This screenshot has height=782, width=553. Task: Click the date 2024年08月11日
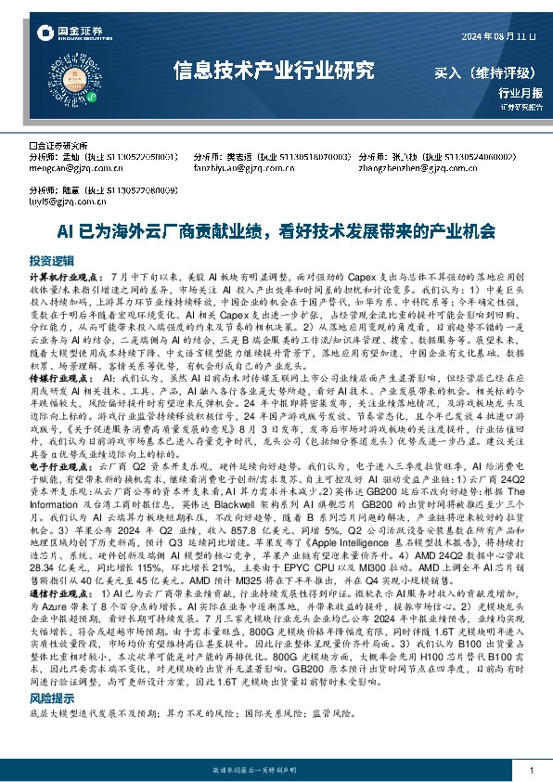point(499,36)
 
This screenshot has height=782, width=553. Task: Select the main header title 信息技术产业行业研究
point(274,70)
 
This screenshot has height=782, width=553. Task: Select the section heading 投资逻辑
point(50,260)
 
